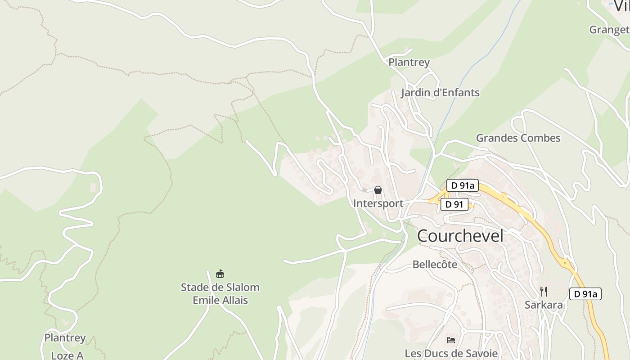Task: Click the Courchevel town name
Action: (x=460, y=236)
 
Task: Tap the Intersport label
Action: (x=378, y=203)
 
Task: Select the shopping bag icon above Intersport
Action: (x=378, y=190)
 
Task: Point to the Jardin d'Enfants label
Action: (x=440, y=93)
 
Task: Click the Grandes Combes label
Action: (x=518, y=138)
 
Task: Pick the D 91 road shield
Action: (x=454, y=204)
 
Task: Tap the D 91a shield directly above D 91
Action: (x=462, y=185)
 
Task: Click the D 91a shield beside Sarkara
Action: (x=585, y=294)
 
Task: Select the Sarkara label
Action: (x=544, y=305)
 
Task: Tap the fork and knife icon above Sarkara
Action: (x=544, y=291)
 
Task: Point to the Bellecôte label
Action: (x=435, y=265)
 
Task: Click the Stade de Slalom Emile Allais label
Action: (x=220, y=293)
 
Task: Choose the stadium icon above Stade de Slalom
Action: (x=220, y=274)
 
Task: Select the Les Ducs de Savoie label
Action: (x=451, y=353)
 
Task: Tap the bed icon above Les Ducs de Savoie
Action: (x=451, y=340)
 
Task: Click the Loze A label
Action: (x=67, y=355)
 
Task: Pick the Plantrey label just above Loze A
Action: (x=65, y=337)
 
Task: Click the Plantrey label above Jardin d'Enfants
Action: (x=409, y=62)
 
